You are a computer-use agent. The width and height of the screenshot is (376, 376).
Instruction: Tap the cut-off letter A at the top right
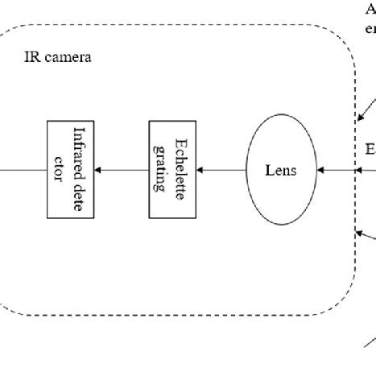coord(370,10)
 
